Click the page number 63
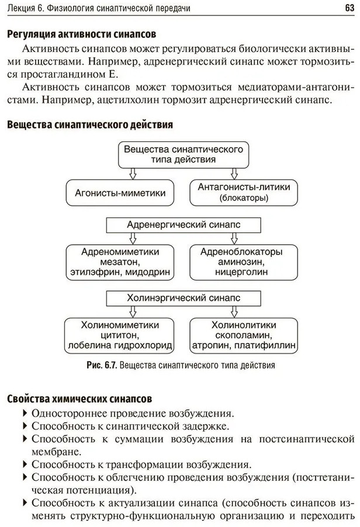[349, 8]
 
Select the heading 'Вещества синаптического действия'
[89, 124]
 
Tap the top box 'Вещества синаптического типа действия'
[183, 154]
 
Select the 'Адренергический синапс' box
[183, 224]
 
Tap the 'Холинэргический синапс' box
[183, 297]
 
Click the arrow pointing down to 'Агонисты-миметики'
[133, 173]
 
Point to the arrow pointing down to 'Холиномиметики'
[133, 311]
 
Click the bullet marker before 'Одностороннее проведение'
[25, 412]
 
